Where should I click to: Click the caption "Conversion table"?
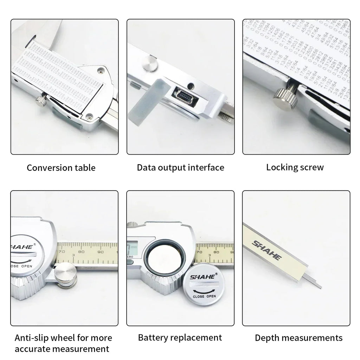(x=61, y=168)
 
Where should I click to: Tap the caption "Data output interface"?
(x=180, y=167)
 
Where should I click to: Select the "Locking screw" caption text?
(x=295, y=167)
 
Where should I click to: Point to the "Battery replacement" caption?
(x=180, y=338)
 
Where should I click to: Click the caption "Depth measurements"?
(x=298, y=338)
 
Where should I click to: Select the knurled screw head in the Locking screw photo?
(x=285, y=97)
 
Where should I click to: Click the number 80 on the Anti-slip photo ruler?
(x=81, y=251)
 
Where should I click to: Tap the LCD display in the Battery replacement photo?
(x=133, y=248)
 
